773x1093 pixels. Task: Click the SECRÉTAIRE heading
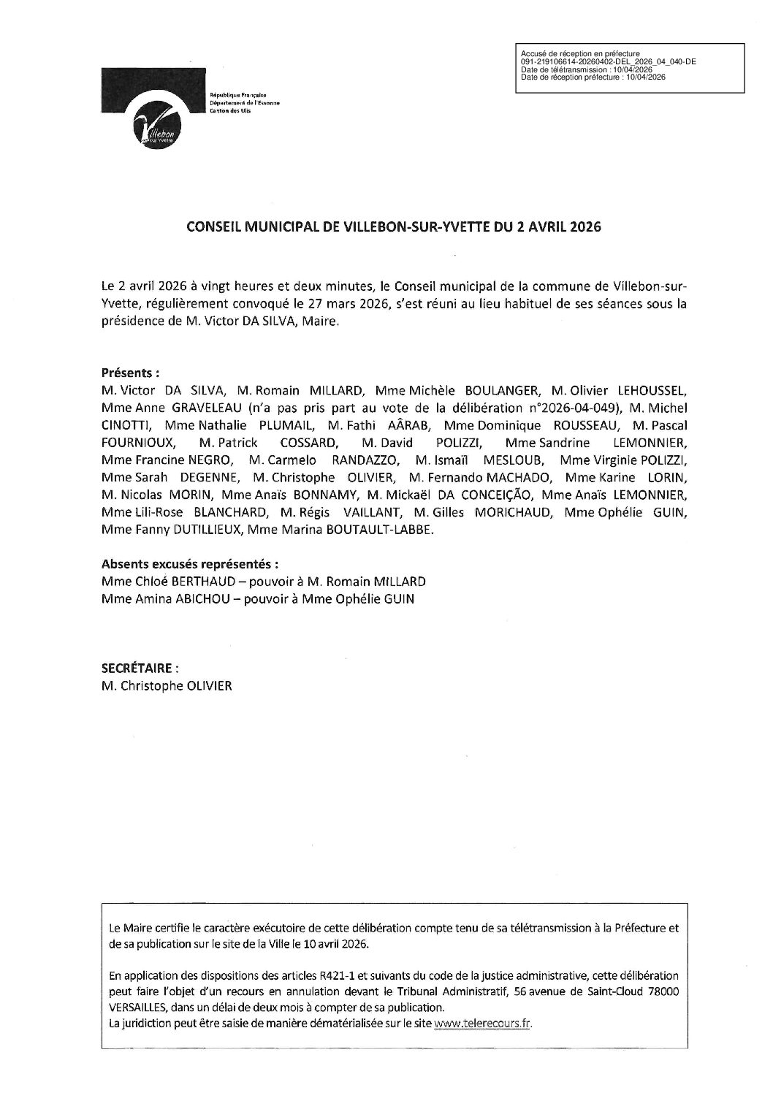click(x=139, y=669)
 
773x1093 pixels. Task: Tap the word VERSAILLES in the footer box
click(x=139, y=1007)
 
